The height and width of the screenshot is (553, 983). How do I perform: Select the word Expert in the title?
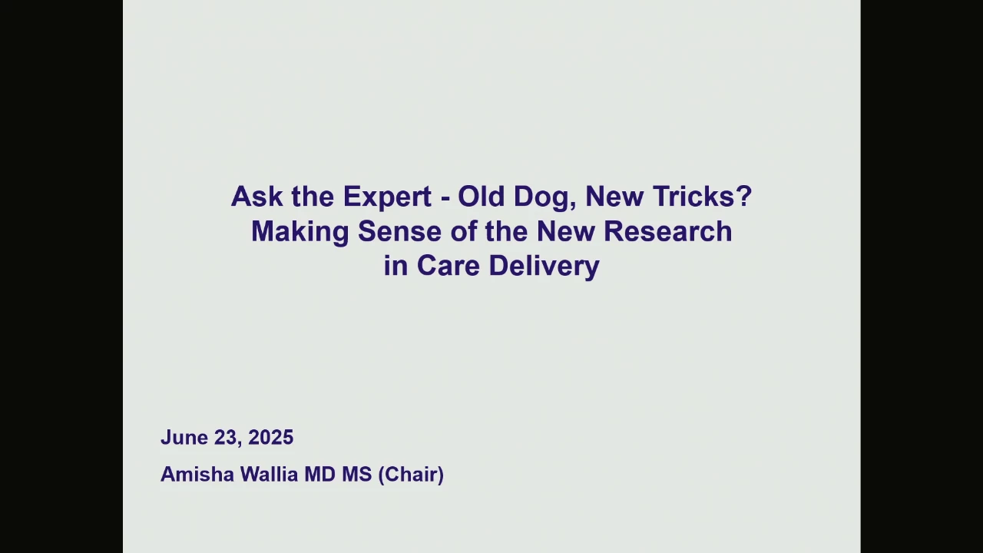(x=387, y=197)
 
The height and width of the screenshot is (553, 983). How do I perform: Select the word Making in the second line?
(x=300, y=233)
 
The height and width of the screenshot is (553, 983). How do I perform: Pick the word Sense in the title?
(x=399, y=231)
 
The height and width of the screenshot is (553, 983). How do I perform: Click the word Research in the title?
(x=667, y=231)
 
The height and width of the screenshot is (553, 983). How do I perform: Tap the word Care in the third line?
(x=448, y=266)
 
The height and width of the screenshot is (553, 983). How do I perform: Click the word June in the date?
(x=184, y=438)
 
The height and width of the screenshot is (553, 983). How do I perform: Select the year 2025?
(x=271, y=438)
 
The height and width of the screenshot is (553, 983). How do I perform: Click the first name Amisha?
(x=197, y=475)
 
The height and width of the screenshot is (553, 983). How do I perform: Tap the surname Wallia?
(x=269, y=475)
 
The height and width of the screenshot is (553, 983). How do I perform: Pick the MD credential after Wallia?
(x=320, y=475)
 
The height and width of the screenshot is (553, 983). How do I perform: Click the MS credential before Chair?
(x=357, y=475)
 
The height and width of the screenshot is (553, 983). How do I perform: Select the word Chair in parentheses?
(x=411, y=475)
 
